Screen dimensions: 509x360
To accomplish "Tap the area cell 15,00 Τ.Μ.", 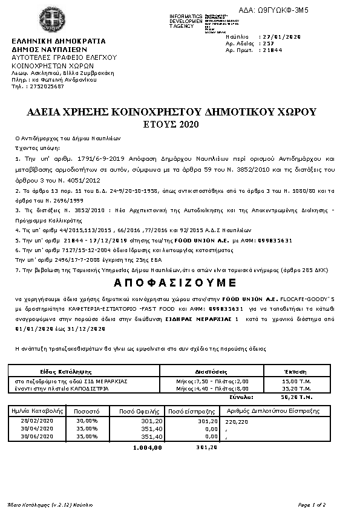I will click(x=296, y=381).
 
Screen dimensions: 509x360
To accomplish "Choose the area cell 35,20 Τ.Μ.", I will click(x=296, y=389).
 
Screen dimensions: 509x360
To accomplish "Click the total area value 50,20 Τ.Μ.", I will click(x=296, y=397).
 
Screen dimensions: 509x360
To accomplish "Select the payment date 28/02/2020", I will click(x=37, y=420).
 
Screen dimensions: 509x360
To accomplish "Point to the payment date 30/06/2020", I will click(x=37, y=435).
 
